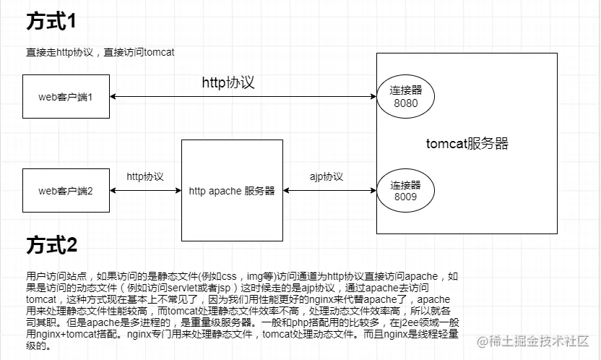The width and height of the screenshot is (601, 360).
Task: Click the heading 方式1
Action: tap(51, 22)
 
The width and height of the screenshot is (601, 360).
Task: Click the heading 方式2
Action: tap(51, 246)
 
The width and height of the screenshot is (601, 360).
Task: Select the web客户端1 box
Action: tap(66, 97)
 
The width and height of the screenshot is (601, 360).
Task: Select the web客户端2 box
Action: tap(66, 191)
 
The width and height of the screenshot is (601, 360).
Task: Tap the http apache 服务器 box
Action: tap(231, 191)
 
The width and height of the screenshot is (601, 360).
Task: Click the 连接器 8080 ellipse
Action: tap(406, 97)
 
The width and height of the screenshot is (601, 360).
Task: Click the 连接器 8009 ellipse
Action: tap(406, 190)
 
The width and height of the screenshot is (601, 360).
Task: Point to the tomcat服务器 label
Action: tap(467, 143)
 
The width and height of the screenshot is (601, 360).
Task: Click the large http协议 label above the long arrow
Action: tap(228, 82)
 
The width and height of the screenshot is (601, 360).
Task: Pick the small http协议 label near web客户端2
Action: tap(144, 176)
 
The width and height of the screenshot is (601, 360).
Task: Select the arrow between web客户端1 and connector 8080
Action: tap(243, 97)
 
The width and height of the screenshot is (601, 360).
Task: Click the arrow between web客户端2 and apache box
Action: tap(145, 191)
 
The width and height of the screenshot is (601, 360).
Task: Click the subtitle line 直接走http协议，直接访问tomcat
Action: tap(100, 52)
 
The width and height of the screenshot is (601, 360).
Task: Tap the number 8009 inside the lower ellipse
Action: tap(406, 196)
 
